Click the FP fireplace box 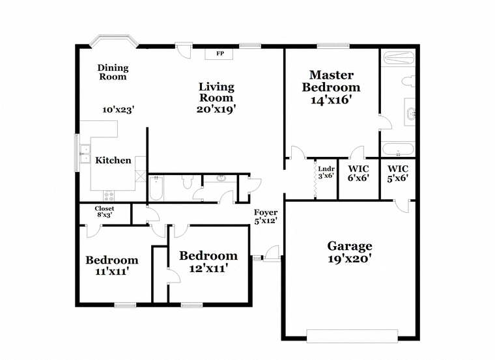click(219, 54)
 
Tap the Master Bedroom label click(331, 81)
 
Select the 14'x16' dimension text click(331, 100)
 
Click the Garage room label click(350, 246)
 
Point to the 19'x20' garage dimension click(349, 259)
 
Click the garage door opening click(352, 336)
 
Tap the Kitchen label click(113, 160)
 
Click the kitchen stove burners click(109, 196)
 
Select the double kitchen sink click(85, 154)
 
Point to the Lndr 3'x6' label click(326, 173)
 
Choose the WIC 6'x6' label click(358, 173)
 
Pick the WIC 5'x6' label click(398, 173)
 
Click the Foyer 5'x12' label click(266, 216)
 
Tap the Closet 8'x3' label click(104, 212)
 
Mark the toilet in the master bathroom click(409, 81)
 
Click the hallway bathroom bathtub click(156, 188)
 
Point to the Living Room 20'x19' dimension click(216, 109)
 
